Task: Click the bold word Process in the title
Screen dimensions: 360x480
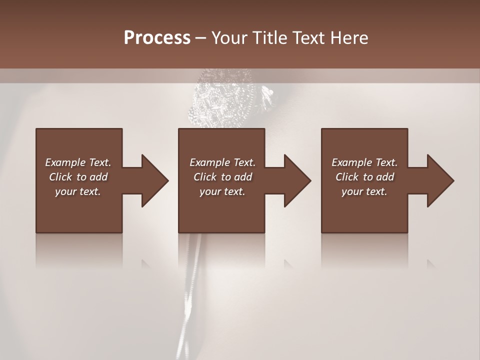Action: pyautogui.click(x=157, y=37)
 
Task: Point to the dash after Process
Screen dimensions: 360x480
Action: pyautogui.click(x=201, y=38)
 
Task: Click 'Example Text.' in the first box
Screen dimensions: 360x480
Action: pyautogui.click(x=78, y=162)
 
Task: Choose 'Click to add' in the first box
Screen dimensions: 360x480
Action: pyautogui.click(x=78, y=176)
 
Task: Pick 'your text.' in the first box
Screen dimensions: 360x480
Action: pyautogui.click(x=78, y=191)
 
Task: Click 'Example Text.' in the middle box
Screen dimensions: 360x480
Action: pyautogui.click(x=222, y=162)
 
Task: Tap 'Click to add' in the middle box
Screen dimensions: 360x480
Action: pyautogui.click(x=222, y=176)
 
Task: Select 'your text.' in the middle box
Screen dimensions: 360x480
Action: pyautogui.click(x=222, y=191)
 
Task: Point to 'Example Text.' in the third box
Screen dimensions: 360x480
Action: pyautogui.click(x=364, y=162)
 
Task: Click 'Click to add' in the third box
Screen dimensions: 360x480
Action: pyautogui.click(x=364, y=176)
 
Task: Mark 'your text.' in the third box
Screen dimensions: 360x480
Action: pyautogui.click(x=364, y=191)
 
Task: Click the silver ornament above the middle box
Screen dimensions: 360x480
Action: pyautogui.click(x=220, y=100)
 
